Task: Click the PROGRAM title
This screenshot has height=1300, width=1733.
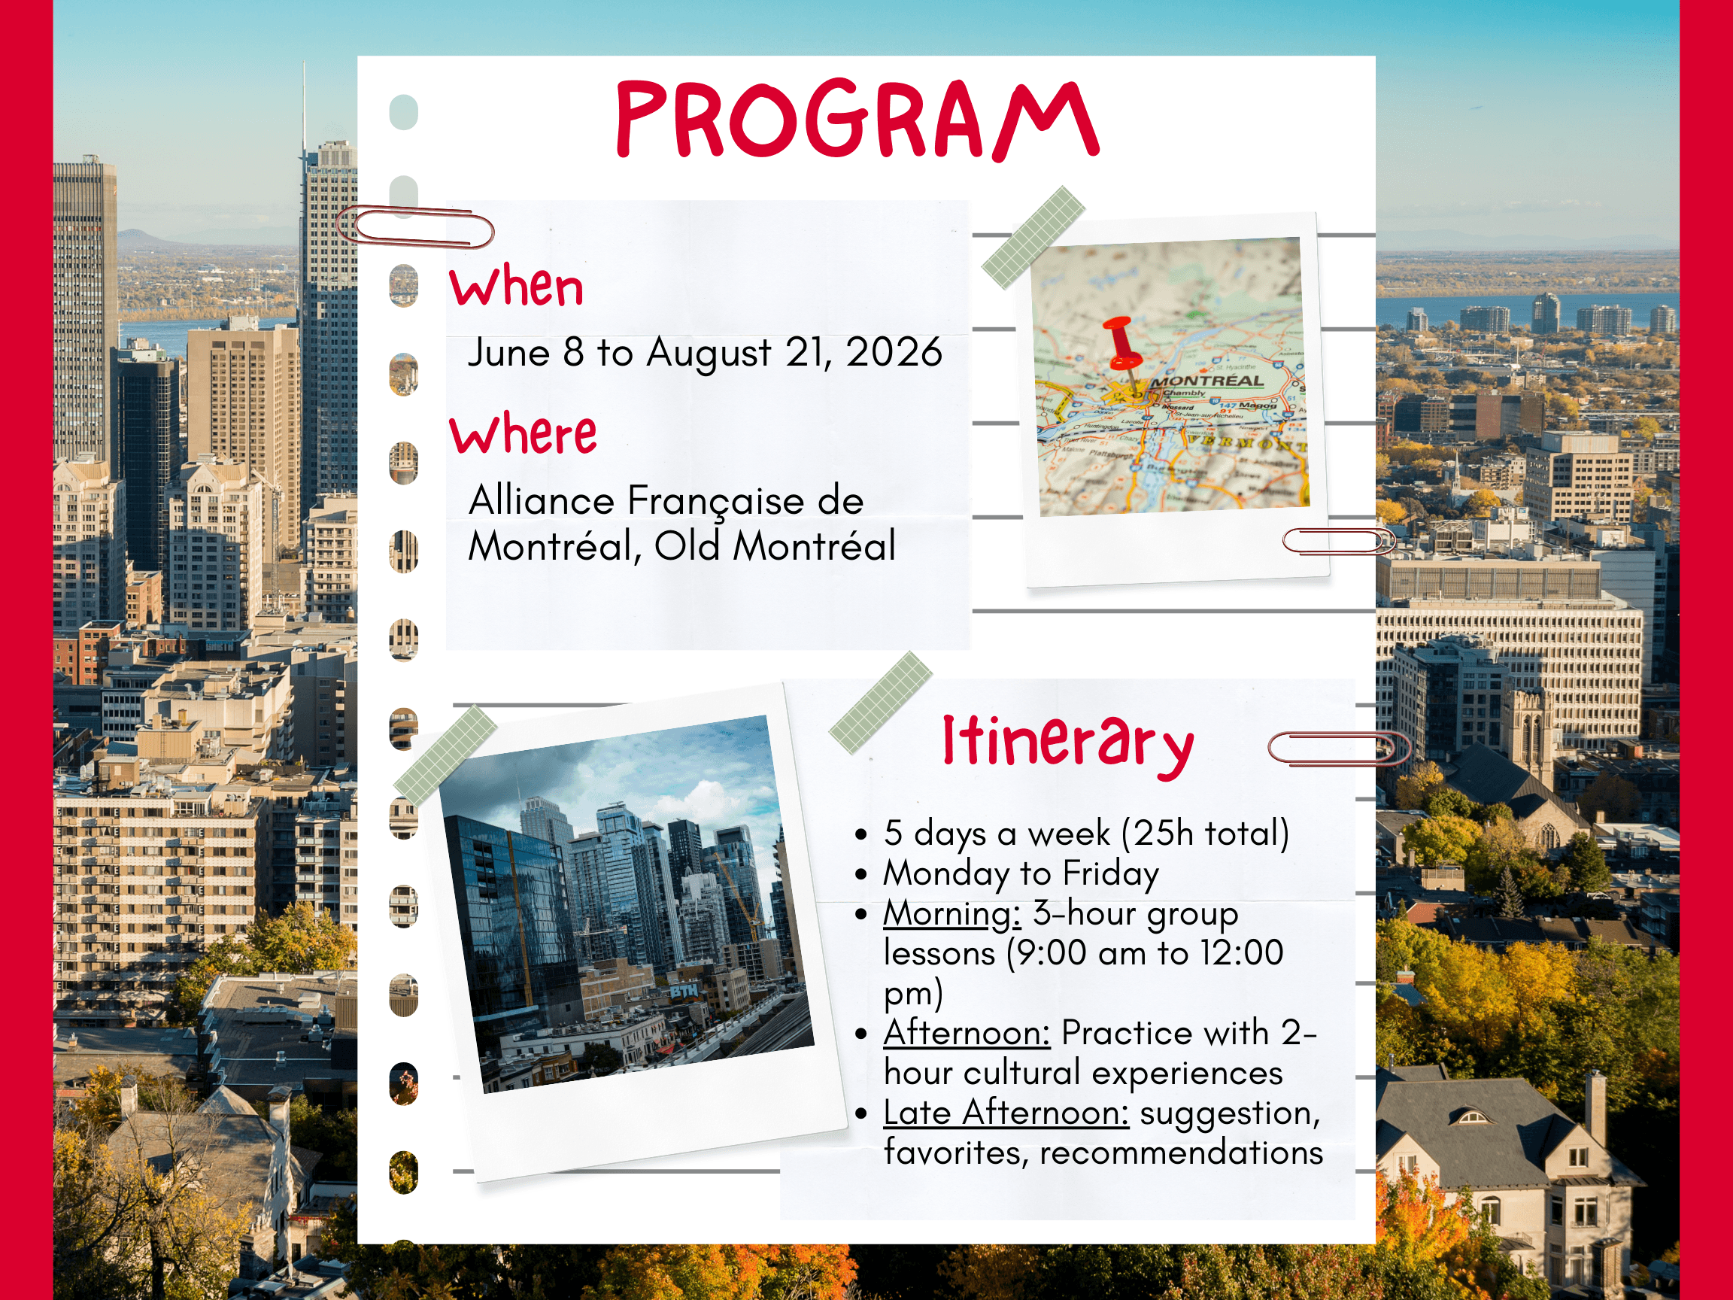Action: [858, 119]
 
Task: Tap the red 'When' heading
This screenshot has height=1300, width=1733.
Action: [516, 287]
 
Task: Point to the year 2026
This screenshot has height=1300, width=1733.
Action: [894, 352]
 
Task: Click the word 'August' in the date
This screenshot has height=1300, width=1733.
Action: [709, 354]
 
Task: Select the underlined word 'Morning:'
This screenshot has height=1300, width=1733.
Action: [952, 913]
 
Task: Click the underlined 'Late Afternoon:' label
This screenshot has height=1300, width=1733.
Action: [1006, 1113]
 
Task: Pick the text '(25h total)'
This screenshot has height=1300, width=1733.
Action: [1205, 833]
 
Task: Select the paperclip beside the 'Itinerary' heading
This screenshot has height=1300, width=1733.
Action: [1338, 749]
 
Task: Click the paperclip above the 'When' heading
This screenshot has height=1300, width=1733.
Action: [415, 226]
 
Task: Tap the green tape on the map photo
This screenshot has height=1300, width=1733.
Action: [1033, 238]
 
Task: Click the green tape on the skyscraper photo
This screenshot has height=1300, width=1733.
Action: [445, 754]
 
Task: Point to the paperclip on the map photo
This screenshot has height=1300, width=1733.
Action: [1339, 541]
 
